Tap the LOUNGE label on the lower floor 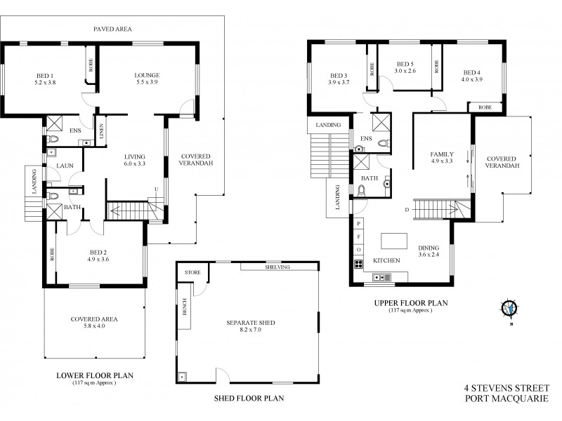click(147, 74)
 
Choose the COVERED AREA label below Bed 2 click(93, 319)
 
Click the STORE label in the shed click(192, 272)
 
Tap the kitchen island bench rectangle click(396, 241)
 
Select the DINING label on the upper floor click(429, 248)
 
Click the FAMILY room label click(441, 154)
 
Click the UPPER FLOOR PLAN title click(407, 303)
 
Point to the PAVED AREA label click(112, 29)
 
